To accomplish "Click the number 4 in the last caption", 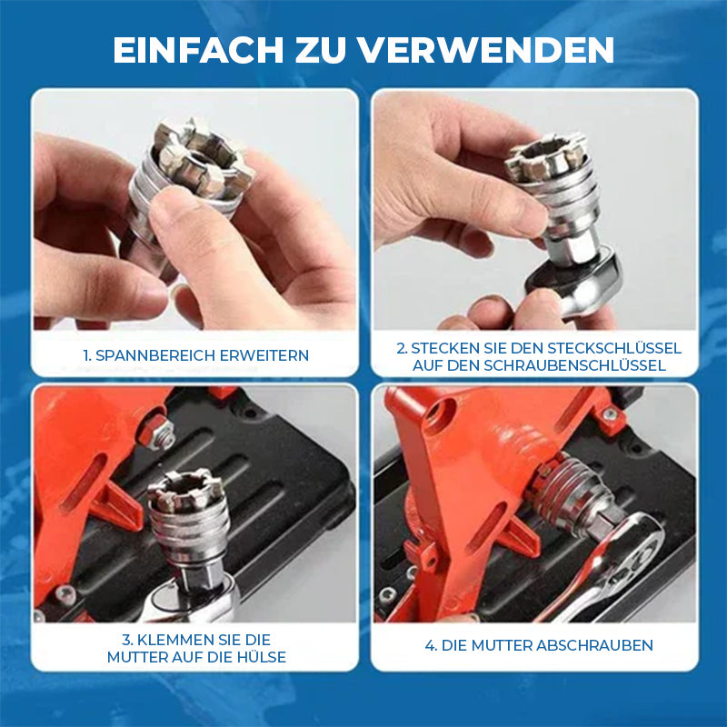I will click(430, 645).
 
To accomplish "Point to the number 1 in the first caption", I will click(86, 355).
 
